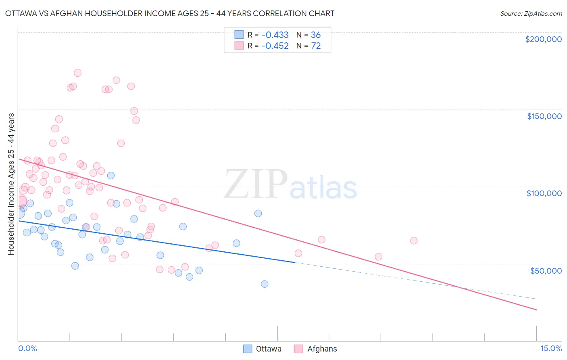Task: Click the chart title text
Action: (x=169, y=13)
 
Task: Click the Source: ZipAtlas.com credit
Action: (x=531, y=13)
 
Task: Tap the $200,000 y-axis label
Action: (x=543, y=39)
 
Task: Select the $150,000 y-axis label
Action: (x=544, y=116)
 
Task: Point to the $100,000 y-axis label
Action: (x=544, y=193)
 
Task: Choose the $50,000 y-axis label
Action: (x=546, y=271)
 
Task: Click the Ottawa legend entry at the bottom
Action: (x=263, y=349)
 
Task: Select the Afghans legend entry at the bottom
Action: (x=316, y=349)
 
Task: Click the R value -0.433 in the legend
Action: (x=275, y=35)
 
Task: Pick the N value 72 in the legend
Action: (x=316, y=46)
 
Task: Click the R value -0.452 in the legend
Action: (x=275, y=46)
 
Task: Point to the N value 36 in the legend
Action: (x=316, y=35)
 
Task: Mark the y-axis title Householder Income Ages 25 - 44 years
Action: (x=11, y=184)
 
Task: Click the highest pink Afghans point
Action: (x=77, y=73)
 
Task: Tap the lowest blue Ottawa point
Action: (x=265, y=284)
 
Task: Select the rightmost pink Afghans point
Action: (x=414, y=241)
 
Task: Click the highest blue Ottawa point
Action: (x=111, y=176)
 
